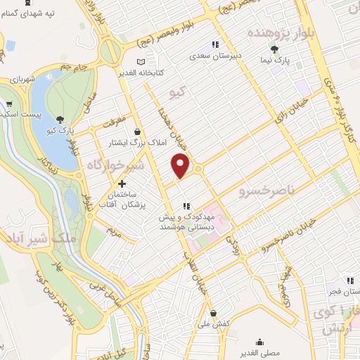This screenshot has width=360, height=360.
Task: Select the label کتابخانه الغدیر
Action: pos(159,72)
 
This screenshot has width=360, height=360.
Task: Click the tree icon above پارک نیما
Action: pos(274,49)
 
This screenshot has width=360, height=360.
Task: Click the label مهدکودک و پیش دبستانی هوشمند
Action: pos(186,221)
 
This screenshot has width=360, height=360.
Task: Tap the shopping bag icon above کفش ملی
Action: pos(213,314)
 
